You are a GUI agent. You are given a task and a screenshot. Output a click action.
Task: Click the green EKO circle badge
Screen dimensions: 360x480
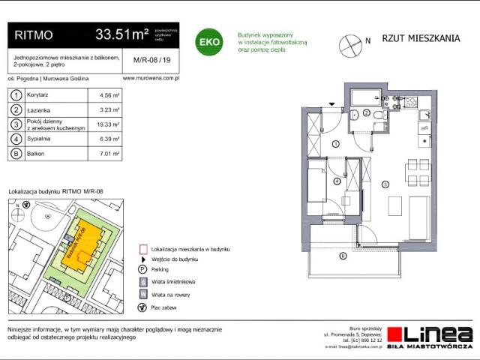point(208,41)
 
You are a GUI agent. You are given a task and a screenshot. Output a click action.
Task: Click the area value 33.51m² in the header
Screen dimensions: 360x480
point(121,34)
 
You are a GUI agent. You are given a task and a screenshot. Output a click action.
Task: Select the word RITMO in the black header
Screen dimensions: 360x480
point(33,34)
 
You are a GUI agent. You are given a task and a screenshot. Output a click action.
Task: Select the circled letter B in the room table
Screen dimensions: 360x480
point(16,154)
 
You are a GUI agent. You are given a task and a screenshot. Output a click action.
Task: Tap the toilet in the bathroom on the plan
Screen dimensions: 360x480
point(354,114)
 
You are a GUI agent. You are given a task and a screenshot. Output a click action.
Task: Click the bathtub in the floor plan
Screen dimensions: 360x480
point(367,97)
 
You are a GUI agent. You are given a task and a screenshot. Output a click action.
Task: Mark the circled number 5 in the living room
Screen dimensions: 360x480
point(385,184)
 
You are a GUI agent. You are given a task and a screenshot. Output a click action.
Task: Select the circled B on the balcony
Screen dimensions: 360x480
point(343,257)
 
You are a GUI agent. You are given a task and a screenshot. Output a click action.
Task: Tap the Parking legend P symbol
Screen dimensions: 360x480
point(142,268)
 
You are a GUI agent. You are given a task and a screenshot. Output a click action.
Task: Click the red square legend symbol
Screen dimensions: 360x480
point(142,248)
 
